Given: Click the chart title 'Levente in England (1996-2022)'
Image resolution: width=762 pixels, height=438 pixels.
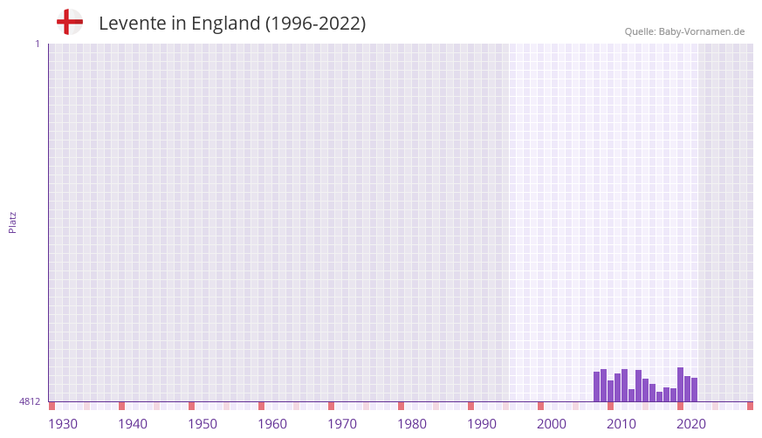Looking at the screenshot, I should (232, 24).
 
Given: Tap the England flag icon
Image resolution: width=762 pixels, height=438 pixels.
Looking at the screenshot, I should (70, 22).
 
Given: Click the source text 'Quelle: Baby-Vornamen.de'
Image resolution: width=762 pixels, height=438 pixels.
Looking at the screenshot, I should (684, 31).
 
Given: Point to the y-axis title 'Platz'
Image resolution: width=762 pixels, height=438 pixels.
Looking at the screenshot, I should (12, 222).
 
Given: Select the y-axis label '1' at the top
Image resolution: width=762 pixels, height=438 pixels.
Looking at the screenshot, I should (38, 44).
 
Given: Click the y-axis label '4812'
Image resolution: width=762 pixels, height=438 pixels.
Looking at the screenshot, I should (30, 401).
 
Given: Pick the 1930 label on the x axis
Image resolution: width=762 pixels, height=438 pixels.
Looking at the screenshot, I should (63, 424).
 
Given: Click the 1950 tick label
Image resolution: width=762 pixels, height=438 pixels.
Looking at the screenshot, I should (203, 424).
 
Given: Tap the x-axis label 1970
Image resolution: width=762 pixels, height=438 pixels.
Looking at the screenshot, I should (342, 424).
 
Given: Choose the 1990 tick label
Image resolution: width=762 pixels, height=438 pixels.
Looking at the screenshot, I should (482, 424).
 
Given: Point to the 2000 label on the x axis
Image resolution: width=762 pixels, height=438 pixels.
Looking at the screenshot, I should (552, 424).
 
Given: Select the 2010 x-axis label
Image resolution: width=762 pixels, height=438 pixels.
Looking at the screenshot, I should (621, 424).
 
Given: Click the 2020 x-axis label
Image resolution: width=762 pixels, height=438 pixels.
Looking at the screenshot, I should (691, 424).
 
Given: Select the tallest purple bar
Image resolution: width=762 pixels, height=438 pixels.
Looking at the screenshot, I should (681, 385).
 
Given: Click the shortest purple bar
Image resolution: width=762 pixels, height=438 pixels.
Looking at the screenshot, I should (660, 397).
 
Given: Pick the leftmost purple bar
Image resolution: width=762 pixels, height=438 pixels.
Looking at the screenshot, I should (597, 387).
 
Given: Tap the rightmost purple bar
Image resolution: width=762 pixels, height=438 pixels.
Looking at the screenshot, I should (695, 390).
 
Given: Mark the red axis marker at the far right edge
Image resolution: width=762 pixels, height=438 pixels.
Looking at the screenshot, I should (750, 406).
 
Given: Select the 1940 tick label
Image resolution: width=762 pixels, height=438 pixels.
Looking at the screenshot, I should (133, 424).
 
